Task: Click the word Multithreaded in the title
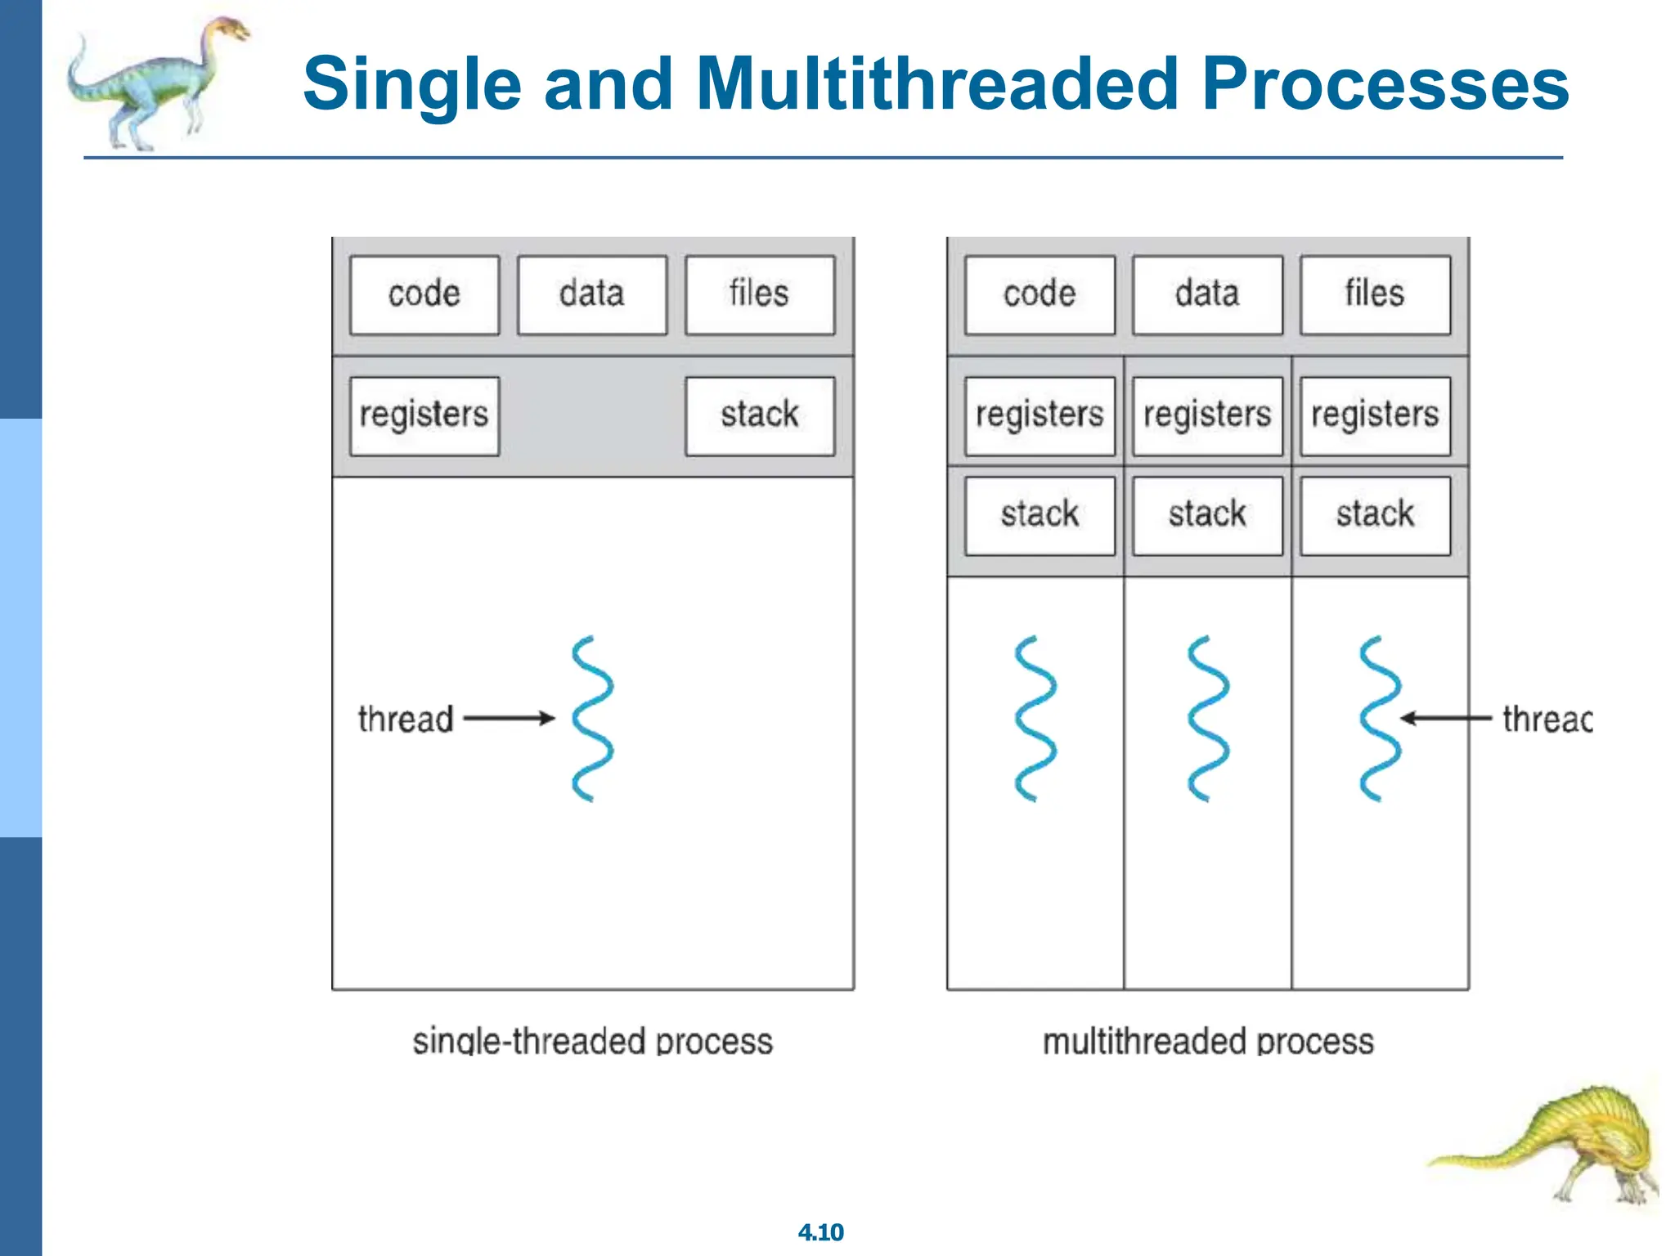tap(937, 83)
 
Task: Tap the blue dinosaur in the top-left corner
tap(155, 82)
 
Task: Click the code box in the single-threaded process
tap(424, 294)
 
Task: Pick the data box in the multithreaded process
tap(1207, 294)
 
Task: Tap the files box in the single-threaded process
tap(759, 294)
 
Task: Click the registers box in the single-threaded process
tap(424, 415)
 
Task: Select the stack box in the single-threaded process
tap(759, 415)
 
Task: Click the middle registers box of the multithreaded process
tap(1207, 415)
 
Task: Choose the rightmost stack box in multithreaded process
tap(1375, 515)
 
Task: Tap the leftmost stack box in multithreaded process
tap(1040, 515)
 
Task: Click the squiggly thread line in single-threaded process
tap(592, 718)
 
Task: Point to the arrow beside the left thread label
tap(509, 719)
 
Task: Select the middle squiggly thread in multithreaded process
tap(1208, 718)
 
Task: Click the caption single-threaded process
tap(592, 1042)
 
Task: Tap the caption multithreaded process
tap(1208, 1042)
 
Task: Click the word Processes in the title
tap(1385, 83)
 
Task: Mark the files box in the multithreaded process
tap(1375, 294)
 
